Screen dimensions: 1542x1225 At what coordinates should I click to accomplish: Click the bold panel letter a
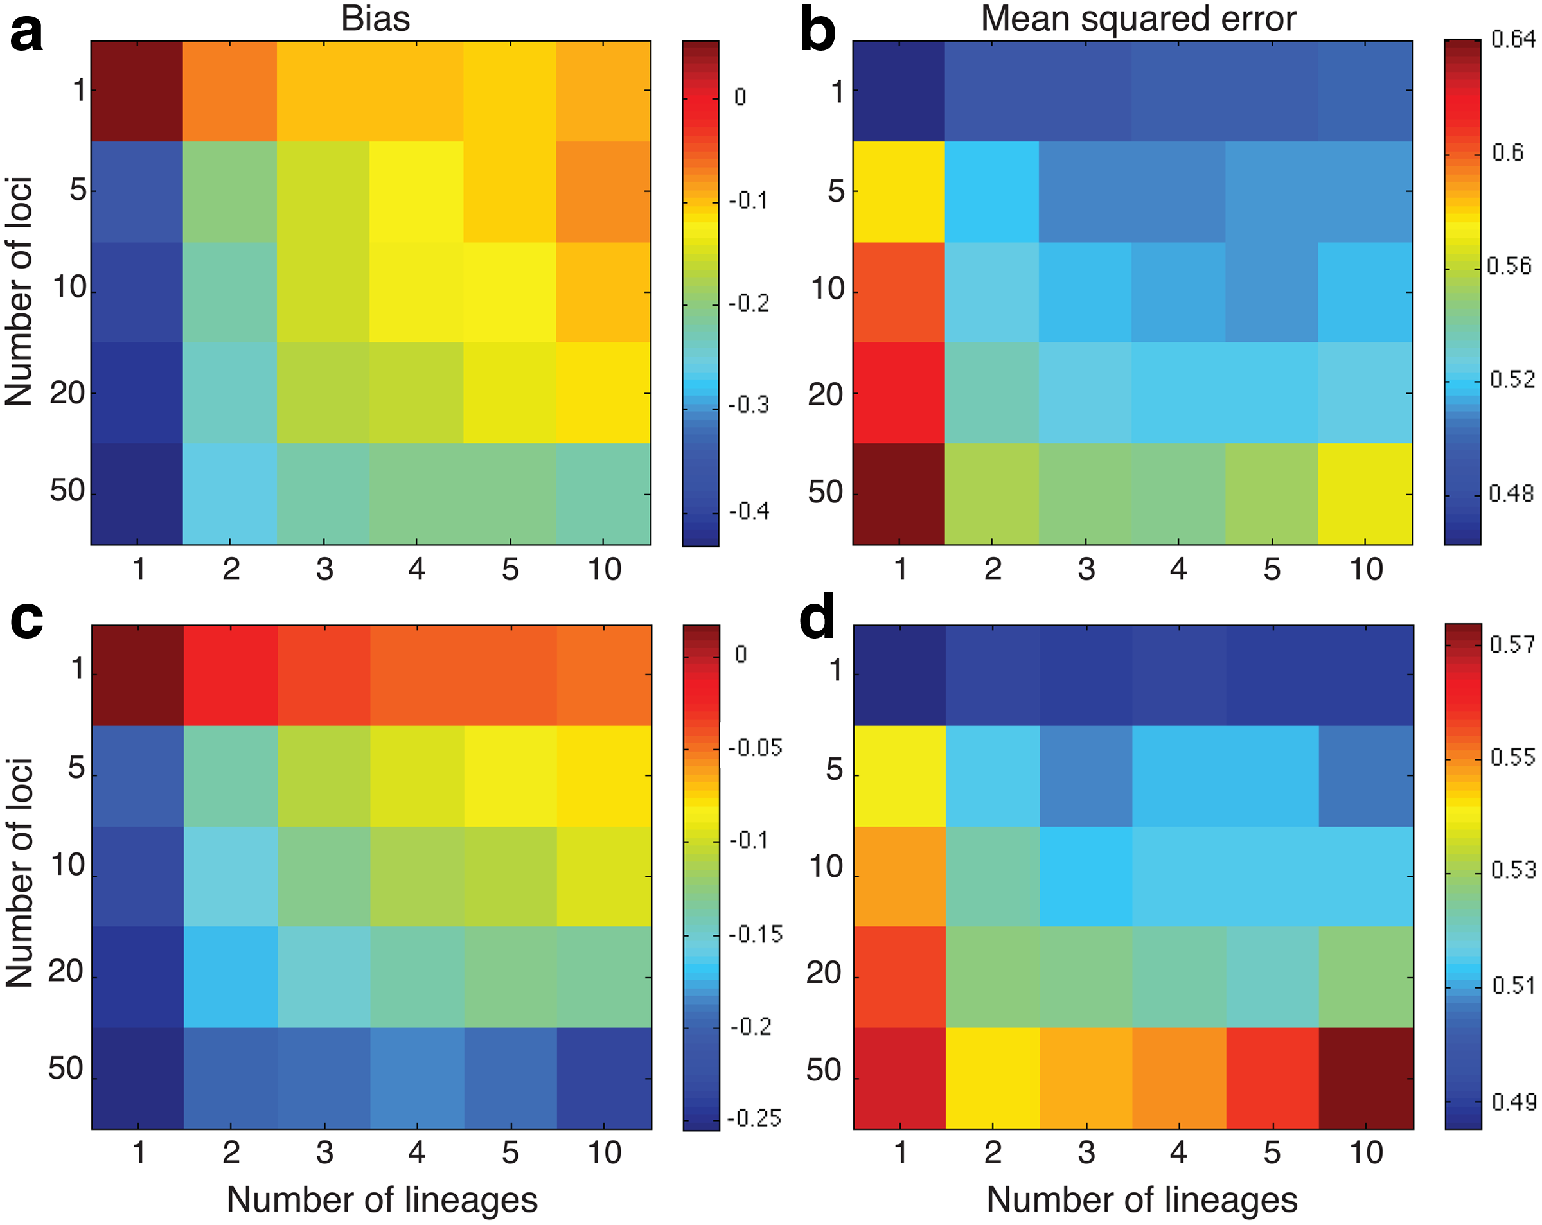pyautogui.click(x=26, y=33)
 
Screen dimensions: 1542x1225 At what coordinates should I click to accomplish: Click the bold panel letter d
pyautogui.click(x=817, y=617)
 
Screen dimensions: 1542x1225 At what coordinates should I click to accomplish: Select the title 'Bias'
pyautogui.click(x=375, y=19)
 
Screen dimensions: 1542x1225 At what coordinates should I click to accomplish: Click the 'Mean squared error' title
pyautogui.click(x=1138, y=19)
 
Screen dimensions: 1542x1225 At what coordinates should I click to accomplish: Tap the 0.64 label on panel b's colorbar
pyautogui.click(x=1512, y=39)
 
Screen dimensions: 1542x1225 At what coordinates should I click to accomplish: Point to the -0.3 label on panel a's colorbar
pyautogui.click(x=749, y=405)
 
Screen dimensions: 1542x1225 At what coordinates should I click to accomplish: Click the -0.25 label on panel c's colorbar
pyautogui.click(x=754, y=1118)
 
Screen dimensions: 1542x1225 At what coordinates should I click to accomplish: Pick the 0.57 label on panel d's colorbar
pyautogui.click(x=1512, y=644)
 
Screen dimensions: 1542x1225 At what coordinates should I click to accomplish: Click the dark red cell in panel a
pyautogui.click(x=137, y=91)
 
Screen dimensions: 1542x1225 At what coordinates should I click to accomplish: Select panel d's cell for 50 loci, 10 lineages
pyautogui.click(x=1366, y=1079)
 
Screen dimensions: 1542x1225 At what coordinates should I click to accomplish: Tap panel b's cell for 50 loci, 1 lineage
pyautogui.click(x=898, y=494)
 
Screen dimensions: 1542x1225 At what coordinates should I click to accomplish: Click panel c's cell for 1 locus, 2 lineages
pyautogui.click(x=230, y=675)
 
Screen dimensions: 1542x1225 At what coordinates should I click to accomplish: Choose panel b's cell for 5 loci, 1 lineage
pyautogui.click(x=898, y=191)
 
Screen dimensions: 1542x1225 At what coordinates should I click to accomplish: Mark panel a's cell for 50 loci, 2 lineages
pyautogui.click(x=229, y=494)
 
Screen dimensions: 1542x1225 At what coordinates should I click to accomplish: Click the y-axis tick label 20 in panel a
pyautogui.click(x=67, y=392)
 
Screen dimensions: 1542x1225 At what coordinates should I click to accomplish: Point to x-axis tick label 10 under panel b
pyautogui.click(x=1366, y=569)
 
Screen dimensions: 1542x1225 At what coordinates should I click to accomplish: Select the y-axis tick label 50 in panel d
pyautogui.click(x=824, y=1071)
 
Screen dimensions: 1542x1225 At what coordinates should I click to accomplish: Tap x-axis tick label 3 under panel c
pyautogui.click(x=324, y=1153)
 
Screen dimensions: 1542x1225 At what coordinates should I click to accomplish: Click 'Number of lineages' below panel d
pyautogui.click(x=1142, y=1199)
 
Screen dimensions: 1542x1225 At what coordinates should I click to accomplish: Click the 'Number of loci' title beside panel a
pyautogui.click(x=19, y=292)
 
